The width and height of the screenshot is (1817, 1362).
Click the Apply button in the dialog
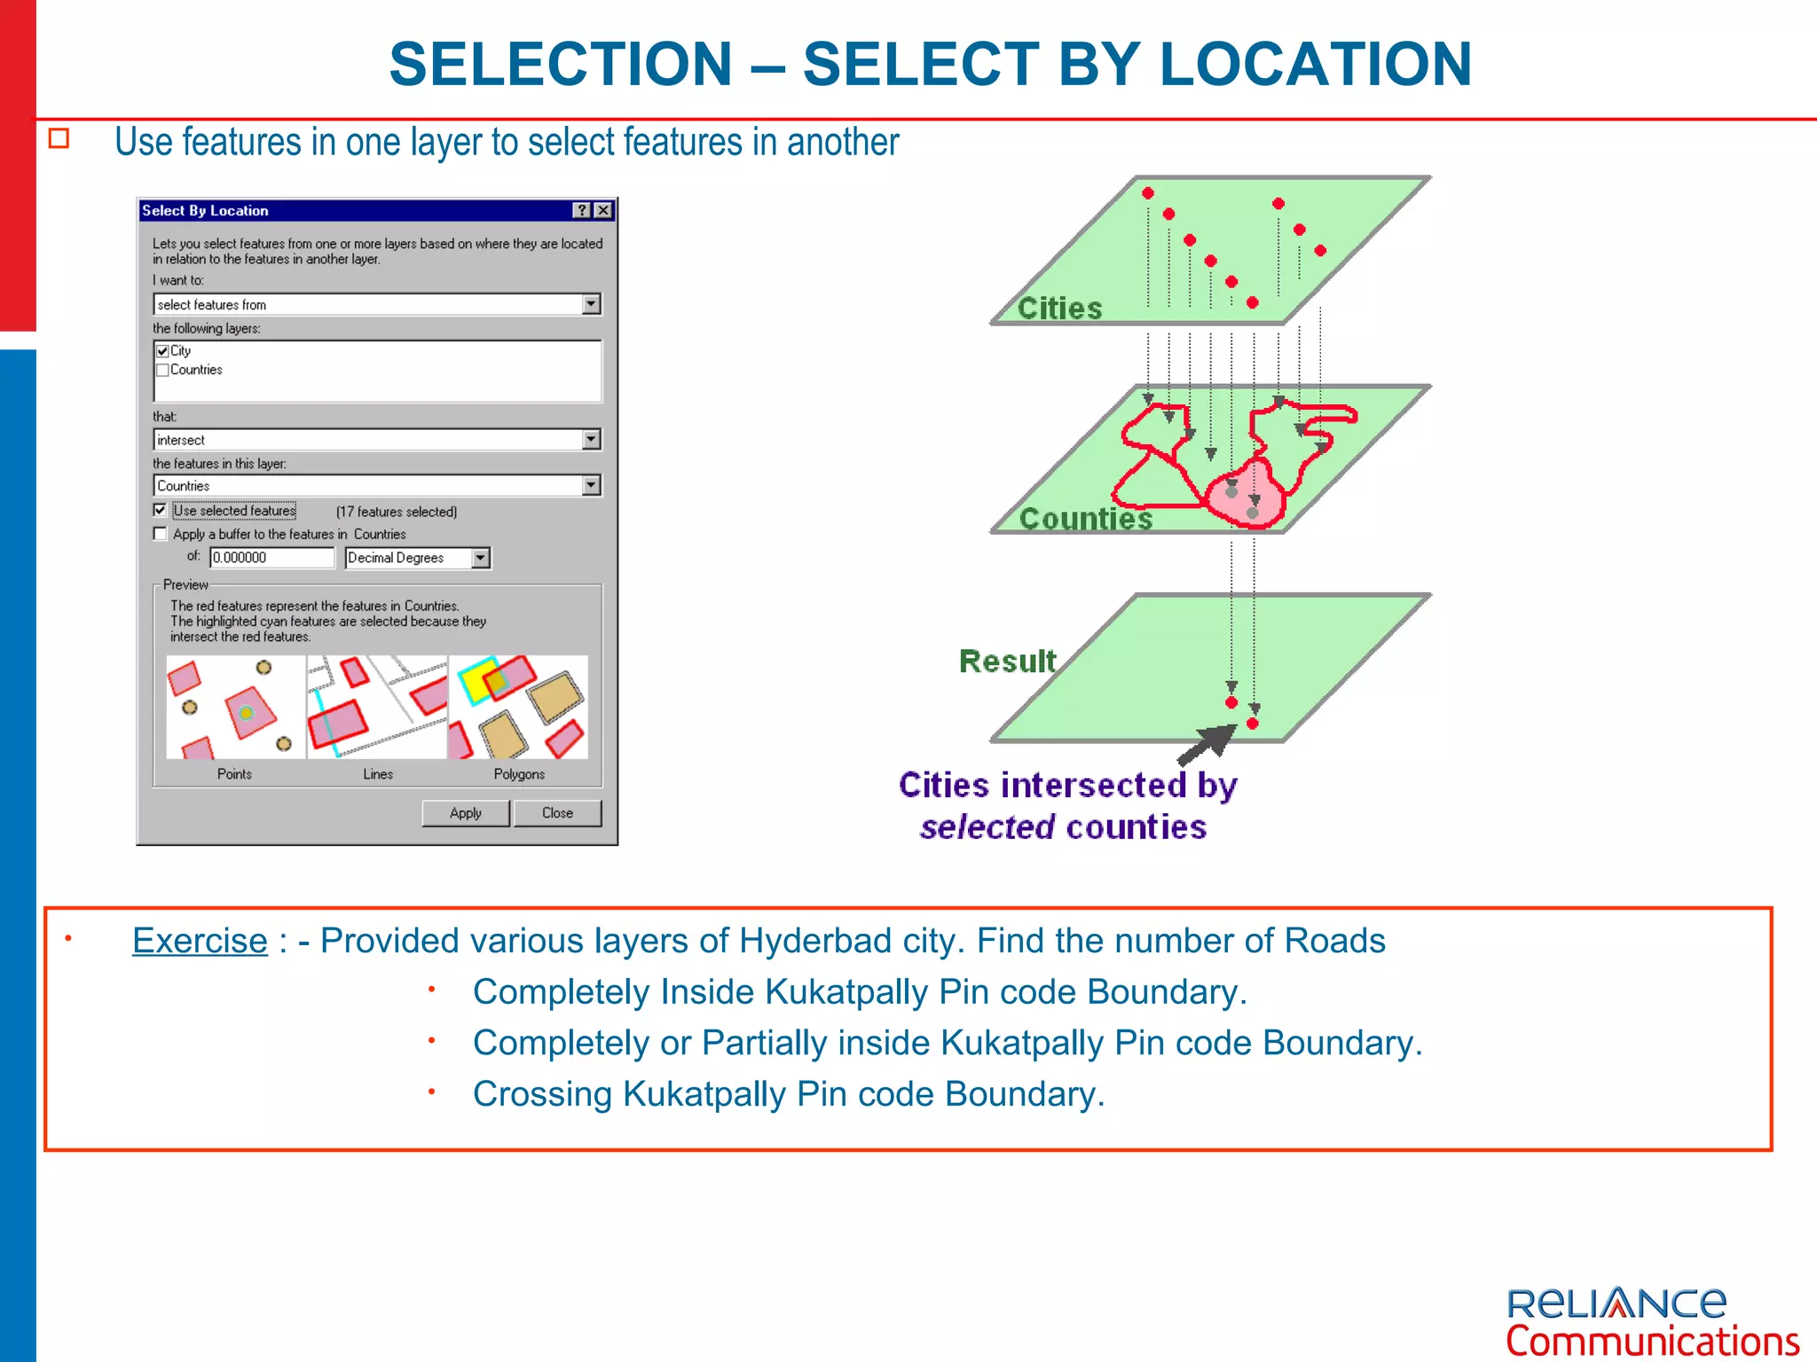point(465,813)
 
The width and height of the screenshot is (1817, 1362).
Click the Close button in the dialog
point(557,813)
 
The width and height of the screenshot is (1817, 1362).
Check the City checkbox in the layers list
point(162,351)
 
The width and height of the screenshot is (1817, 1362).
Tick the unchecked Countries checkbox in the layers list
point(162,370)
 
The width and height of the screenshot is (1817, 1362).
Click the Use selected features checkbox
point(160,510)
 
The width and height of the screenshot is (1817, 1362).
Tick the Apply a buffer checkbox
point(160,534)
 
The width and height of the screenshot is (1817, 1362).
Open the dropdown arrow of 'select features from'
point(591,304)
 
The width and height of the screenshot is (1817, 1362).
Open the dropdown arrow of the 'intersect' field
point(591,440)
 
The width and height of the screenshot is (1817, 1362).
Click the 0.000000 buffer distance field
point(271,558)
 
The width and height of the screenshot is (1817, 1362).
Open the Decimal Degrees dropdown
point(480,558)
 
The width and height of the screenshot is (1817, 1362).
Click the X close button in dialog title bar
point(603,210)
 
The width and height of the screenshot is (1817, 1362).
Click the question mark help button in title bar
point(582,210)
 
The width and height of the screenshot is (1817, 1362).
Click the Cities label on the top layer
point(1059,309)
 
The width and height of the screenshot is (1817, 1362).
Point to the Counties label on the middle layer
point(1085,519)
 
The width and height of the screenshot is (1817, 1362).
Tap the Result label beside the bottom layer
point(1007,661)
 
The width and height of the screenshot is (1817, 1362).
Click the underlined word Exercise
point(200,941)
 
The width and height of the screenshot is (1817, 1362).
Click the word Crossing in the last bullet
point(541,1094)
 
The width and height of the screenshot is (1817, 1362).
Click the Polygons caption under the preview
point(519,774)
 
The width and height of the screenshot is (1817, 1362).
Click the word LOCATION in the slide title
point(1316,64)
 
